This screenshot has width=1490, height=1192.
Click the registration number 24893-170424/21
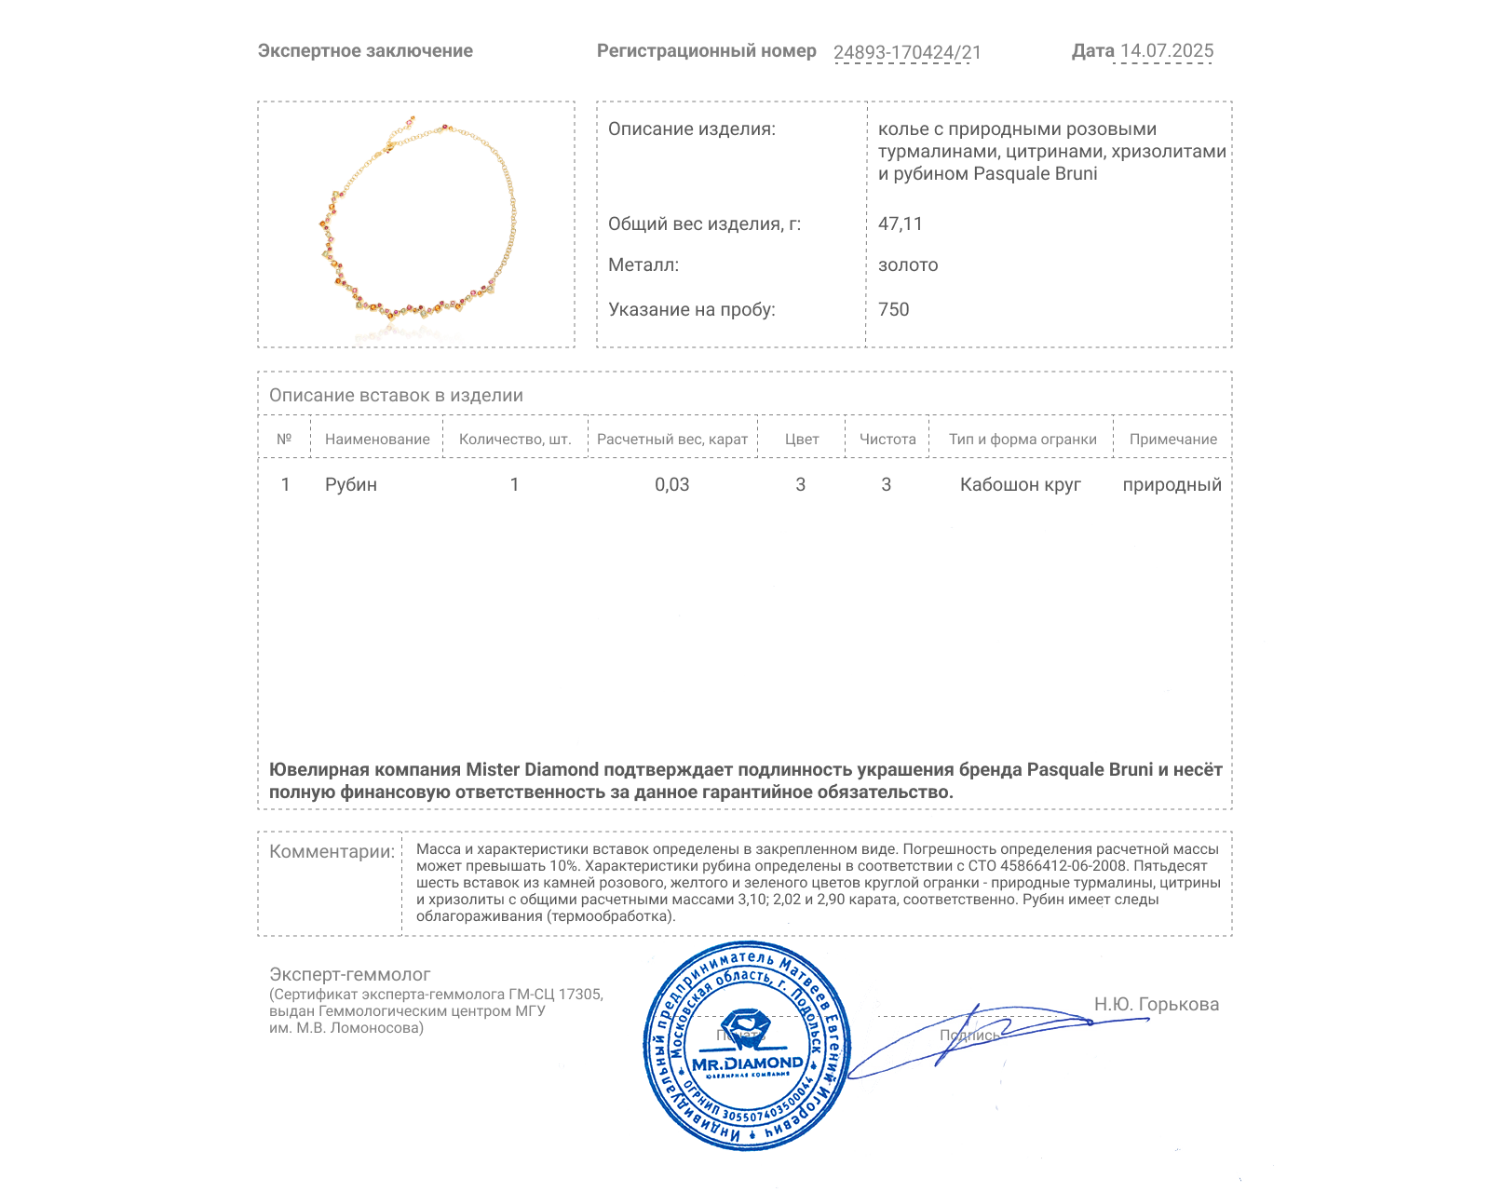pyautogui.click(x=907, y=53)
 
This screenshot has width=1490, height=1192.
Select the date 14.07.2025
pyautogui.click(x=1166, y=51)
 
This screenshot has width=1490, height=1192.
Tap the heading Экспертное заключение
pyautogui.click(x=365, y=51)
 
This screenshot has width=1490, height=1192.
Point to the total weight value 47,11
pyautogui.click(x=900, y=224)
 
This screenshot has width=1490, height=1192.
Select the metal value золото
pyautogui.click(x=908, y=265)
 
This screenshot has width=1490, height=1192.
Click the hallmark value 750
pyautogui.click(x=893, y=310)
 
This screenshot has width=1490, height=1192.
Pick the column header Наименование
pyautogui.click(x=377, y=440)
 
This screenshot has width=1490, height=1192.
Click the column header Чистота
pyautogui.click(x=887, y=440)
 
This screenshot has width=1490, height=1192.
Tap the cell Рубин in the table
pyautogui.click(x=351, y=485)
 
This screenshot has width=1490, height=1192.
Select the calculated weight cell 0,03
pyautogui.click(x=671, y=485)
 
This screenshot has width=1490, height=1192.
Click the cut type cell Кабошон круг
pyautogui.click(x=1021, y=485)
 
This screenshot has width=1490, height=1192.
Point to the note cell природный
pyautogui.click(x=1172, y=485)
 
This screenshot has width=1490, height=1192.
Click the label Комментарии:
pyautogui.click(x=332, y=852)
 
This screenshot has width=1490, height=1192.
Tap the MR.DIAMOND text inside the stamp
pyautogui.click(x=747, y=1063)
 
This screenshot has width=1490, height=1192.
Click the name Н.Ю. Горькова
pyautogui.click(x=1156, y=1005)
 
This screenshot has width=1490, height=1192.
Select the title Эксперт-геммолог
pyautogui.click(x=350, y=975)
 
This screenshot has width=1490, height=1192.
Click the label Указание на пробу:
pyautogui.click(x=691, y=310)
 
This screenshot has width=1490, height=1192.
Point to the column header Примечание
pyautogui.click(x=1172, y=440)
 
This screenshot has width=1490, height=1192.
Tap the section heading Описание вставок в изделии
pyautogui.click(x=396, y=396)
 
